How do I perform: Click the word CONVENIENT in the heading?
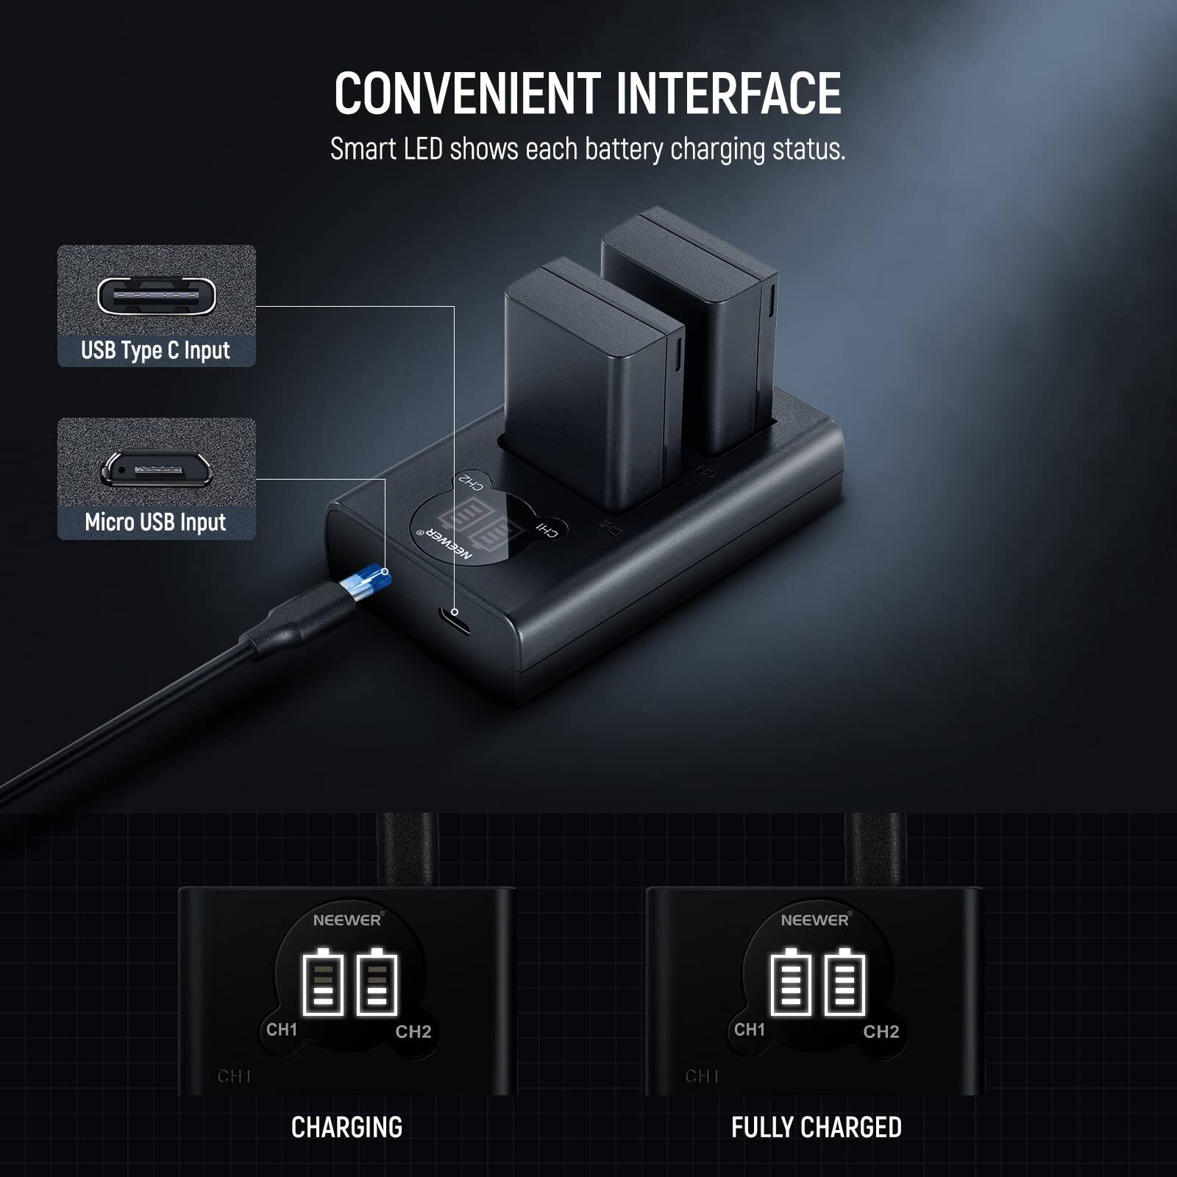(468, 93)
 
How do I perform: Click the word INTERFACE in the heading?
(728, 93)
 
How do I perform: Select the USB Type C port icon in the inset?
(157, 296)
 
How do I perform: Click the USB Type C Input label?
(155, 351)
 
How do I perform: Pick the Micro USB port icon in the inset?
(157, 469)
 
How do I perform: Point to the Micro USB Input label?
(155, 522)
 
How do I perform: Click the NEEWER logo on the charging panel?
(347, 920)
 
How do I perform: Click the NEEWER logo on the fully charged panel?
(815, 920)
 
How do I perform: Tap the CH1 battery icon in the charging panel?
(323, 983)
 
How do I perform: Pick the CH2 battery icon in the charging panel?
(377, 983)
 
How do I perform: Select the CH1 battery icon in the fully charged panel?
(790, 983)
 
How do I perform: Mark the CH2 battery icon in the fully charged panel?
(844, 983)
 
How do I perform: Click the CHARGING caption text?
(346, 1128)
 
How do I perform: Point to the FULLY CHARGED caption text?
(816, 1128)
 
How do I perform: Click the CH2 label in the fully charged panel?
(881, 1031)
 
